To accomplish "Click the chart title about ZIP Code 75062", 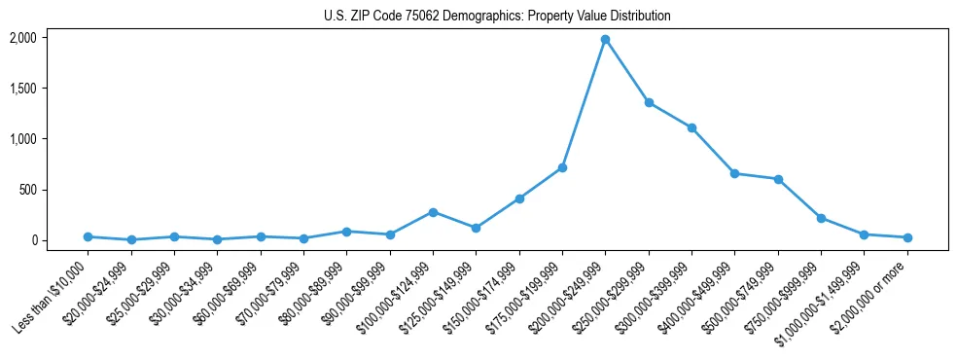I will coord(497,17).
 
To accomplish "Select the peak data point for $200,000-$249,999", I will coord(605,40).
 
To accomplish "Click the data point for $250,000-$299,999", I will coord(649,102).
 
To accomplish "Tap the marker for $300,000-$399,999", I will coord(691,127).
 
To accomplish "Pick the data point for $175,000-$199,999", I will coord(562,167).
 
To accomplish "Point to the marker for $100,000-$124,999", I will coord(433,212).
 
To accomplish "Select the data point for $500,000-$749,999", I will coord(778,179).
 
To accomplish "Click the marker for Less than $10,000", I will coord(88,236).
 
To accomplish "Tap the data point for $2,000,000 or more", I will coord(907,237).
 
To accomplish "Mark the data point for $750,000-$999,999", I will coord(821,218).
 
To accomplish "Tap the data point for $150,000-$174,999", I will coord(519,198).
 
